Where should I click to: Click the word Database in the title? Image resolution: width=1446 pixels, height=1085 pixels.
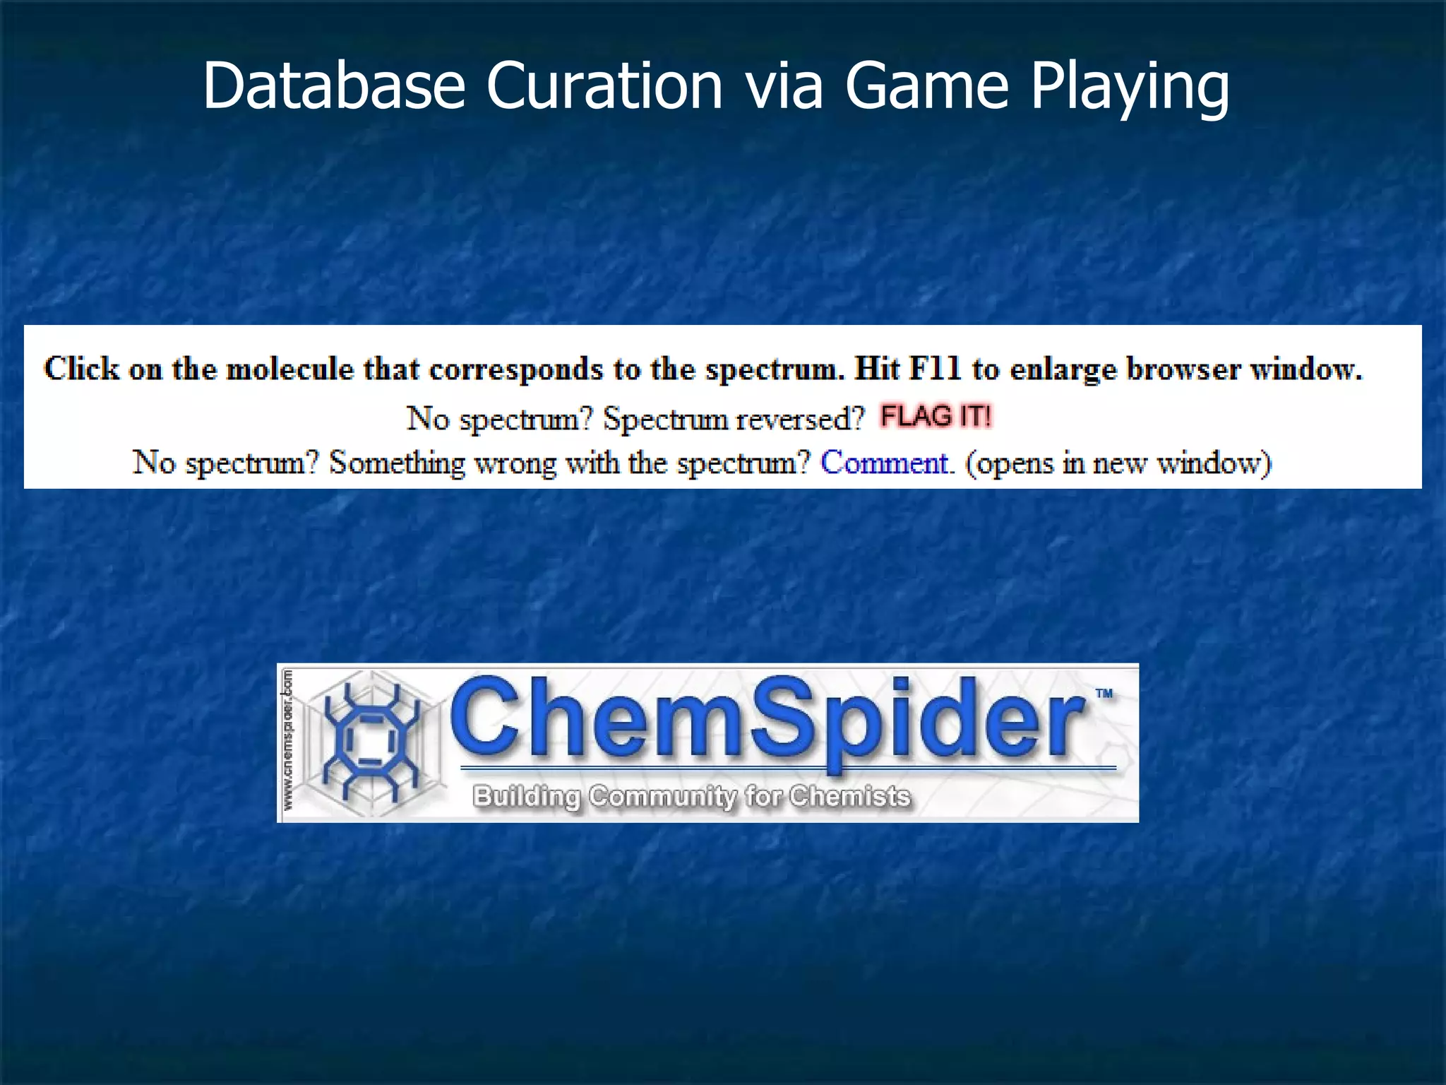click(333, 86)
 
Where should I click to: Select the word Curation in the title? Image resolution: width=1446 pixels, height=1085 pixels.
click(604, 86)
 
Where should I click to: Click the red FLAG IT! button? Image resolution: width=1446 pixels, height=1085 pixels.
click(936, 416)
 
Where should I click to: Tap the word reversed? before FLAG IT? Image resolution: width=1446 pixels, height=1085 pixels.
click(800, 420)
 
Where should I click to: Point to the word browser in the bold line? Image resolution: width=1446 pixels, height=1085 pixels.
click(1183, 369)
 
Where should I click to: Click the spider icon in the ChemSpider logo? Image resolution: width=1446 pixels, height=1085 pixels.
click(369, 742)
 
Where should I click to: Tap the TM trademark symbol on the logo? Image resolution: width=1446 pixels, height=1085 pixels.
click(1104, 694)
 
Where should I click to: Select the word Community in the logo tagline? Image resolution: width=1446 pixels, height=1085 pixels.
click(663, 796)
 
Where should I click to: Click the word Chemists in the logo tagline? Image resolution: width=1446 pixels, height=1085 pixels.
click(849, 796)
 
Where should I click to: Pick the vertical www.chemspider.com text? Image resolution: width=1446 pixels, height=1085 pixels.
click(289, 742)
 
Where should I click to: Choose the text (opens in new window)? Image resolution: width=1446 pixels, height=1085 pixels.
click(1118, 463)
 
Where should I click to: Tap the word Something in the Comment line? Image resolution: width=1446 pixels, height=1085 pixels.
click(398, 463)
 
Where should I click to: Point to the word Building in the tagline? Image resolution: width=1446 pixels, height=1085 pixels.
click(527, 797)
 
